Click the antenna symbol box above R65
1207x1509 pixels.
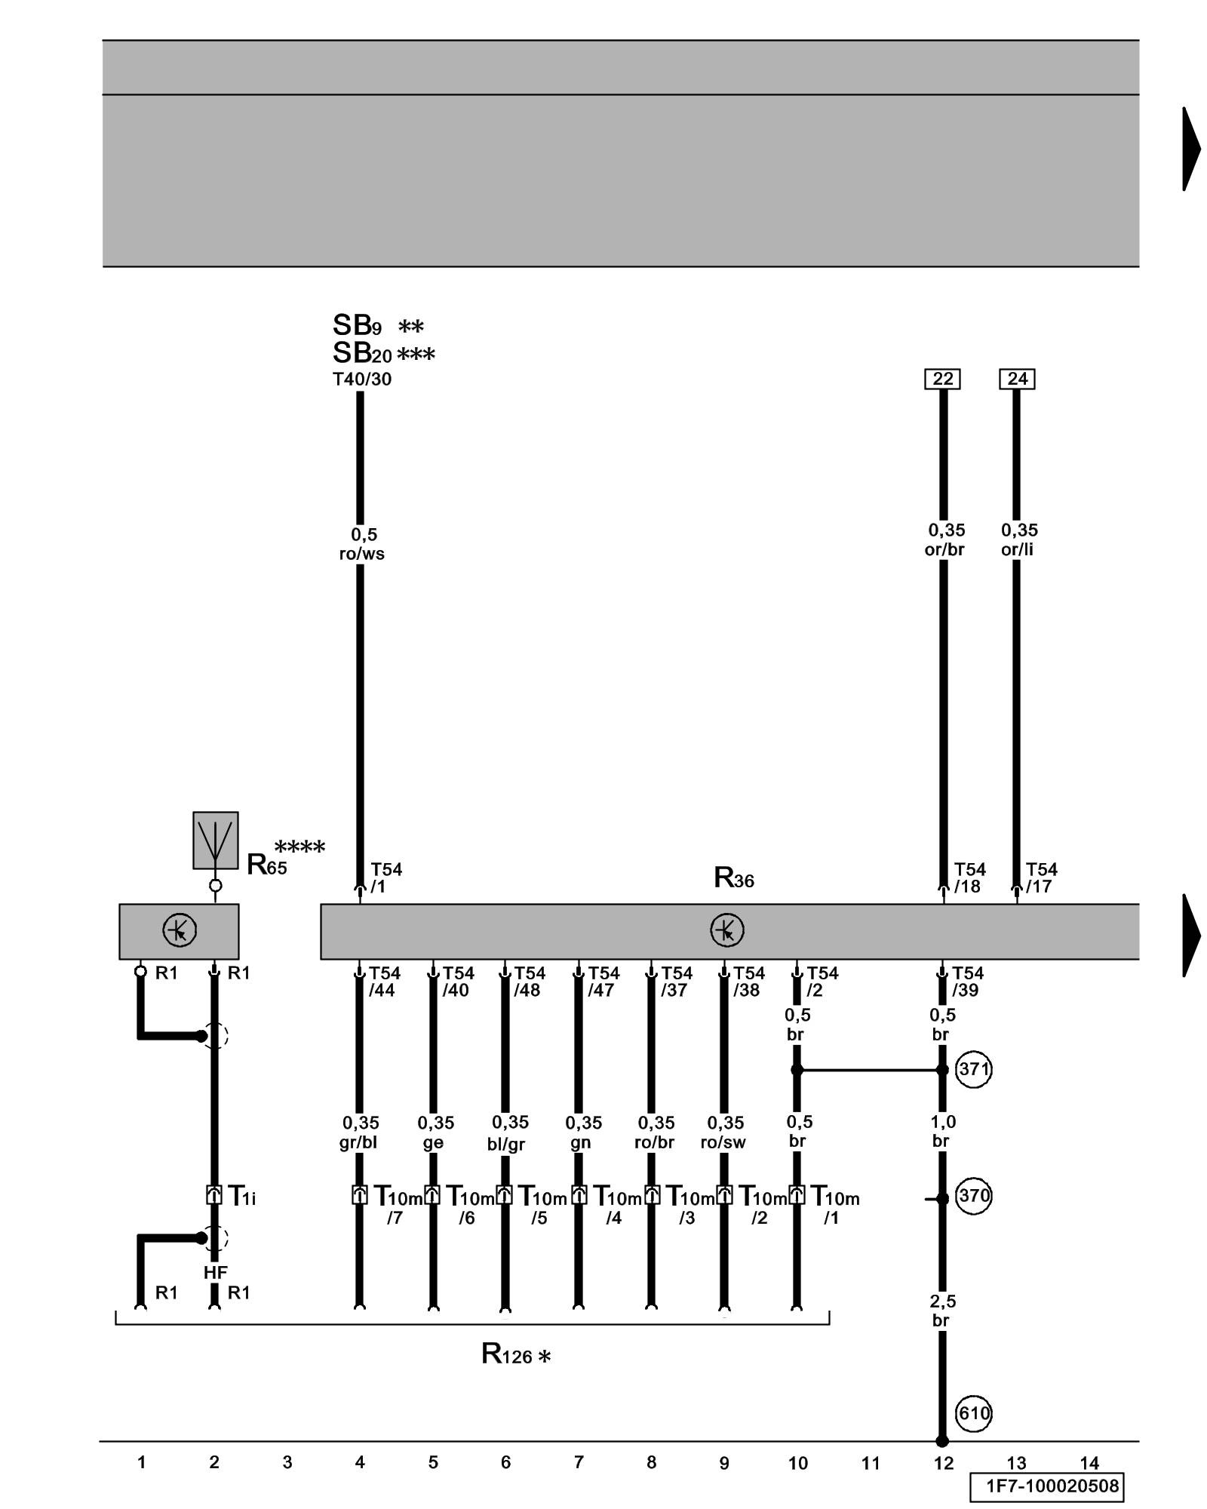(215, 840)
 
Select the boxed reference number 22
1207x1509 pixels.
(942, 379)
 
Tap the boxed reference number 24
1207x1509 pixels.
(1017, 379)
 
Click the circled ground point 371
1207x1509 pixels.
(973, 1069)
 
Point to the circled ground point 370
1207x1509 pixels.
(973, 1196)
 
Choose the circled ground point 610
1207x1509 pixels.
(973, 1412)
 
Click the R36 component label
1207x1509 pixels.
(733, 878)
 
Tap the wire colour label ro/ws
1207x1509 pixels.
(362, 554)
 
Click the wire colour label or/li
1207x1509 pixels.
(1017, 549)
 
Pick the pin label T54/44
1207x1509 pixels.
(383, 982)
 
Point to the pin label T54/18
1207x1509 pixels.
(969, 877)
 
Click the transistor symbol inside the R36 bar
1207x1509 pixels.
(726, 930)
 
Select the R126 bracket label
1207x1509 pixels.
(515, 1354)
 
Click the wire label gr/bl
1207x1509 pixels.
(358, 1142)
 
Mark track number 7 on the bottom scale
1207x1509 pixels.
(579, 1462)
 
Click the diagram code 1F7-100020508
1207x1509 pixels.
(1046, 1487)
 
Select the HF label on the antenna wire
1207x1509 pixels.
(215, 1272)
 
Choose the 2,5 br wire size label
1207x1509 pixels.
(941, 1311)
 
